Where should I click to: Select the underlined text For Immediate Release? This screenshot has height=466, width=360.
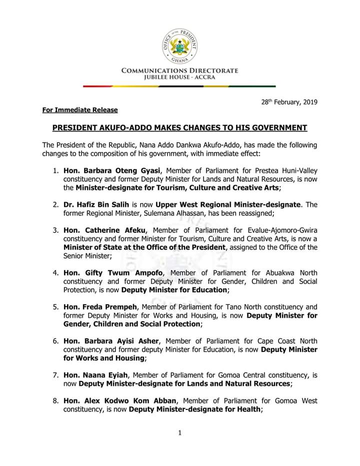(x=80, y=110)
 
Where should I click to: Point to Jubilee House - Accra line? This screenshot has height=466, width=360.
(x=179, y=78)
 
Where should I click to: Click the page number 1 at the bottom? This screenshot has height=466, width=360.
(x=179, y=433)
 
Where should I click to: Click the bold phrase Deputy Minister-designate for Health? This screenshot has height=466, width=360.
(x=194, y=409)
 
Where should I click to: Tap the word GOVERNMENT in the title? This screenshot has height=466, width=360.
(x=273, y=128)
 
